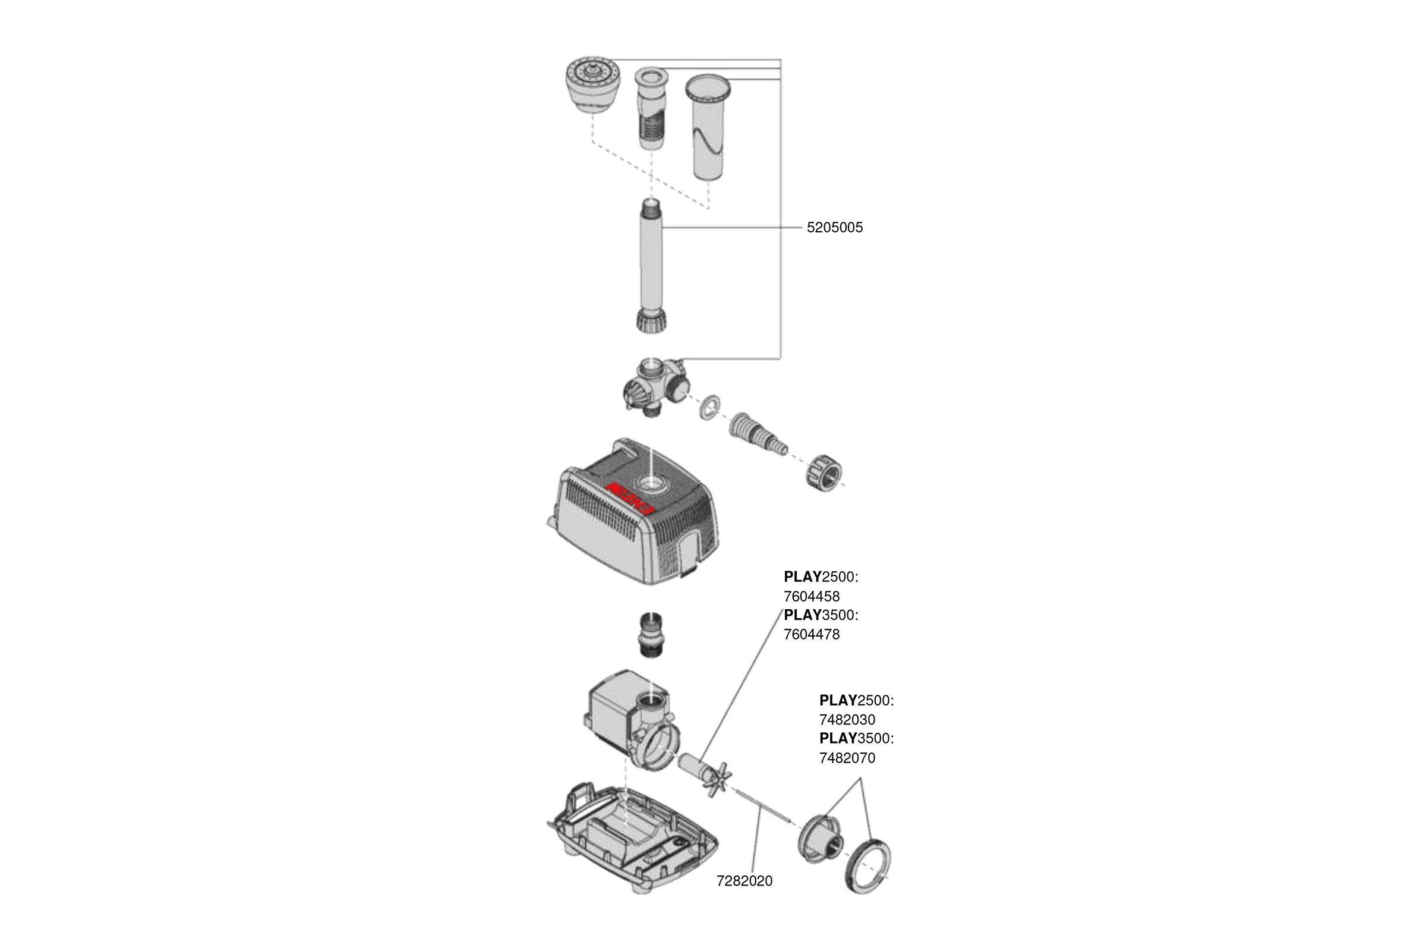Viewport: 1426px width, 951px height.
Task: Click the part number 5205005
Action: (834, 228)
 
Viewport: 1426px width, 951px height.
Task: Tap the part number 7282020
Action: (744, 881)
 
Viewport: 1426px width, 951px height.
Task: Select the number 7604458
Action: (811, 596)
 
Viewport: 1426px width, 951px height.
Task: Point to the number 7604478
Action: (811, 634)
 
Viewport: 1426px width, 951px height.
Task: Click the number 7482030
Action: (847, 720)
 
